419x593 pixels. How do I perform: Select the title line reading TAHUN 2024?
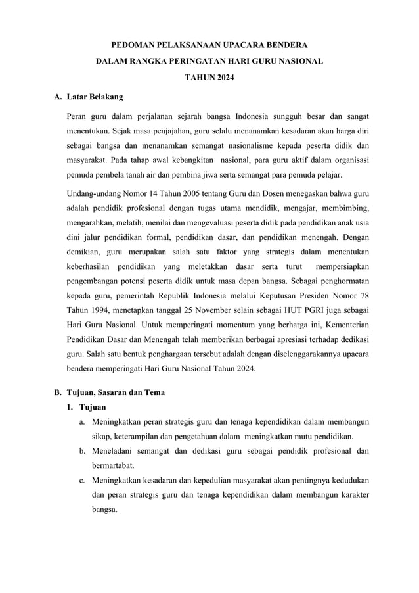pos(209,79)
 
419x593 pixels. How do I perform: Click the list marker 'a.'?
pos(83,421)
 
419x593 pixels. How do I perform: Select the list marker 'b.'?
pos(83,451)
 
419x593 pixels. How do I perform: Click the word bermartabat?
pos(113,465)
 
